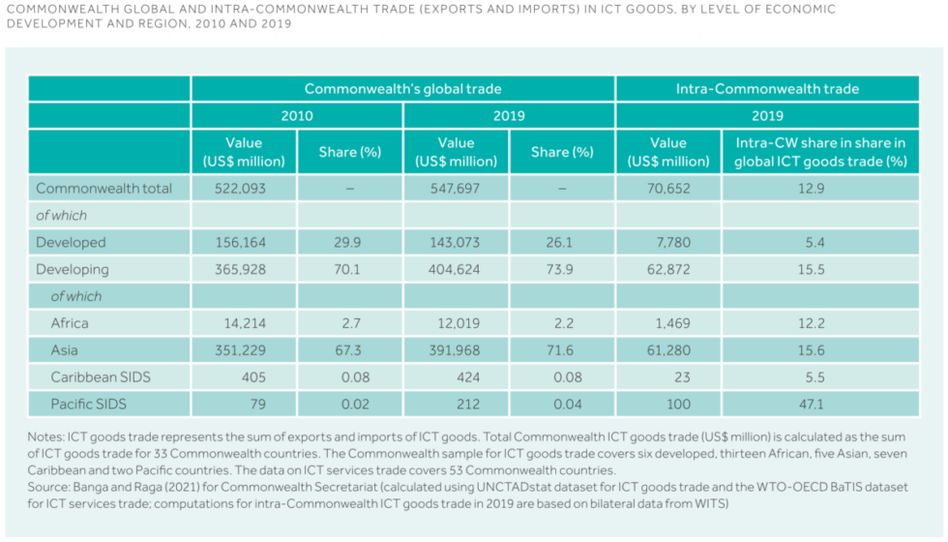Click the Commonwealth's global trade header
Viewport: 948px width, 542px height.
pyautogui.click(x=402, y=88)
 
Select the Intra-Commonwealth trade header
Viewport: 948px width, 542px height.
pyautogui.click(x=767, y=88)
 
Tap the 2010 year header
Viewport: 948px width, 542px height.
pyautogui.click(x=297, y=115)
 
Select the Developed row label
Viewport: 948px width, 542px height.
pyautogui.click(x=71, y=242)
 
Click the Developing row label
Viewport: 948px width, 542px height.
pyautogui.click(x=73, y=269)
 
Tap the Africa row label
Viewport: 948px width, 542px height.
pyautogui.click(x=71, y=322)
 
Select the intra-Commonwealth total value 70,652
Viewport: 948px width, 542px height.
pyautogui.click(x=667, y=188)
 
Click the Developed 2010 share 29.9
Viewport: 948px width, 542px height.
pyautogui.click(x=349, y=242)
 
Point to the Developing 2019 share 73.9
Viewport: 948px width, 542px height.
pyautogui.click(x=561, y=269)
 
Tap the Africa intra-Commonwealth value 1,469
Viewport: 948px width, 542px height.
pyautogui.click(x=667, y=322)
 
